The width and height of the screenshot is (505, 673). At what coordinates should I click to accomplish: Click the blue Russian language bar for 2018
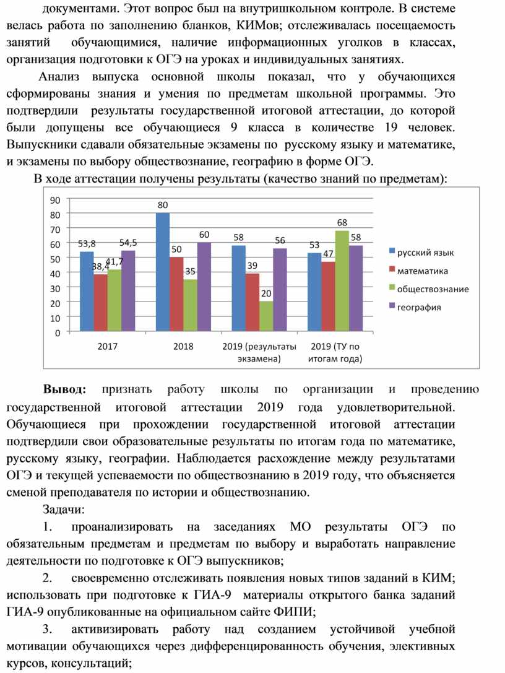point(162,272)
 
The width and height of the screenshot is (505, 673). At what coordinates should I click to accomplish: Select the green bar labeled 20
point(266,316)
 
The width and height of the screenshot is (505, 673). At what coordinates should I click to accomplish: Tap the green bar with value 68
point(342,281)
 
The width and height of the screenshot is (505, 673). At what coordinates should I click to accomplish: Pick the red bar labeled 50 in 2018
point(176,295)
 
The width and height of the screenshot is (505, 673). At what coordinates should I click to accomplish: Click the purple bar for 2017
point(128,291)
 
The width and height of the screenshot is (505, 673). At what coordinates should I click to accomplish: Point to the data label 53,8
point(87,244)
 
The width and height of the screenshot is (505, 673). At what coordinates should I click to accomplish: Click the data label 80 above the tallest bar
point(163,205)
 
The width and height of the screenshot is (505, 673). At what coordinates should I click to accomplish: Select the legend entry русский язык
point(421,253)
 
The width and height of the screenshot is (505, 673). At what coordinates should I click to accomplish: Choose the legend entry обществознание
point(429,289)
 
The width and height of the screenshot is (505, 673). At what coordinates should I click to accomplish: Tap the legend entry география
point(415,307)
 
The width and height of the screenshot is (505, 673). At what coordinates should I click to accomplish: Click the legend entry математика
point(418,271)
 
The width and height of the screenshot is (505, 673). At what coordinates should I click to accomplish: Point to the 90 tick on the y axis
point(55,200)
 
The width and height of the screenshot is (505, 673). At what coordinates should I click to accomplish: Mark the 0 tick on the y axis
point(58,333)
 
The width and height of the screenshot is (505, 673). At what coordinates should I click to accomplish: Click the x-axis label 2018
point(183,346)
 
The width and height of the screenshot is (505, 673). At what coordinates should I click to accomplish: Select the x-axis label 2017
point(107,346)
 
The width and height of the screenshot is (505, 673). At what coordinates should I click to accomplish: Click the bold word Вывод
point(64,389)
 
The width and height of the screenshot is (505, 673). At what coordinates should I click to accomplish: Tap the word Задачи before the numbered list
point(64,510)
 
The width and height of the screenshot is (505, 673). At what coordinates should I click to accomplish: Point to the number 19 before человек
point(391,128)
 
